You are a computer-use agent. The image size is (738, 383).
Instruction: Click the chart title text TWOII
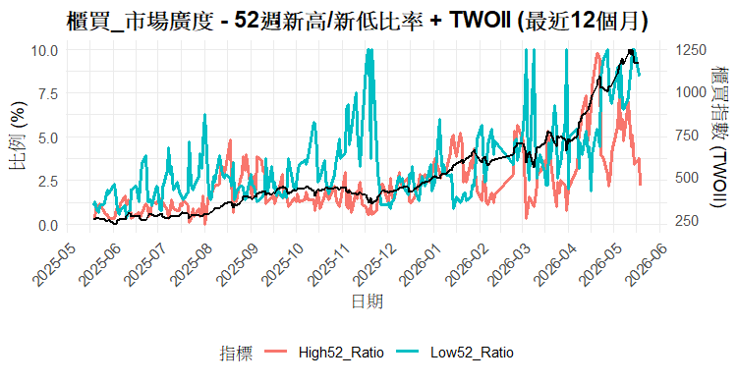point(480,21)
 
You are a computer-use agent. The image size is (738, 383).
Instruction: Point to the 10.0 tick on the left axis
point(44,50)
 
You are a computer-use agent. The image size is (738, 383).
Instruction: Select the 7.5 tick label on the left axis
point(47,93)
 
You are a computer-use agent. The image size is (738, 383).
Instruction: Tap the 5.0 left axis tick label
point(47,137)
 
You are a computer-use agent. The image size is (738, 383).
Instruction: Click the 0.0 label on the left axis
point(47,225)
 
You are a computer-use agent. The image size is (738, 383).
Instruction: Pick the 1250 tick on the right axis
point(691,50)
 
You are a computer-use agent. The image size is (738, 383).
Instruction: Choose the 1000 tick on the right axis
point(691,92)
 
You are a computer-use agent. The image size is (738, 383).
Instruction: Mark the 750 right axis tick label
point(688,136)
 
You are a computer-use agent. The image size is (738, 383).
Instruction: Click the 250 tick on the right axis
point(688,221)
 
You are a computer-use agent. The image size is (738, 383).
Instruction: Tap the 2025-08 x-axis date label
point(191,264)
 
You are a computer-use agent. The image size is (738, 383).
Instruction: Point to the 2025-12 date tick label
point(374,264)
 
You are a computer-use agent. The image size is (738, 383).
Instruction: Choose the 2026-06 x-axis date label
point(648,264)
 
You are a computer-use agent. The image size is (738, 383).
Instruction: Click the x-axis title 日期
point(368,301)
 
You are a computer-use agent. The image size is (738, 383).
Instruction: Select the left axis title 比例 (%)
point(19,136)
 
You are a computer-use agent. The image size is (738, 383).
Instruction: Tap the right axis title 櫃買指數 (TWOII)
point(718,136)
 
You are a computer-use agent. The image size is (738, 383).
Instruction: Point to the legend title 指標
point(236,353)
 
